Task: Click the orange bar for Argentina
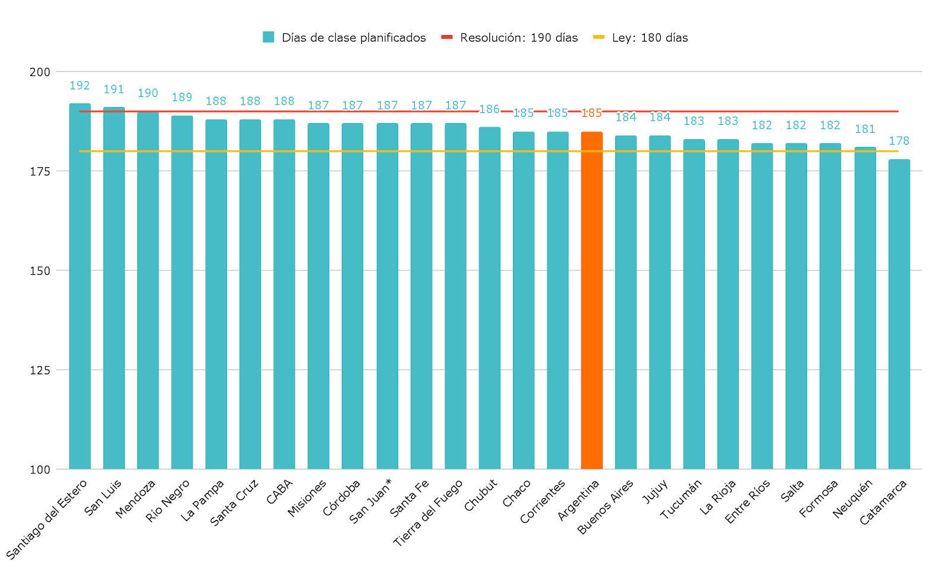[591, 300]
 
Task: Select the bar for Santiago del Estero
[80, 285]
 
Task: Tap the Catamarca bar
[899, 314]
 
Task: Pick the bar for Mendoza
[148, 290]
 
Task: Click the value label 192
[80, 86]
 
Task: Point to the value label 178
[899, 141]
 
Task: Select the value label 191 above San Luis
[114, 89]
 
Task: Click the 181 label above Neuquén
[865, 129]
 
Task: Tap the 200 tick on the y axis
[40, 72]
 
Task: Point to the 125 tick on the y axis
[40, 370]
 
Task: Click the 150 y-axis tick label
[40, 271]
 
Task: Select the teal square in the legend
[269, 37]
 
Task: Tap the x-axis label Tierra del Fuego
[428, 513]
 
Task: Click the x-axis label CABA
[279, 492]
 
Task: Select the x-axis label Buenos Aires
[606, 507]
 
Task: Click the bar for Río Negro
[182, 292]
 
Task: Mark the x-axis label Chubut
[480, 495]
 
